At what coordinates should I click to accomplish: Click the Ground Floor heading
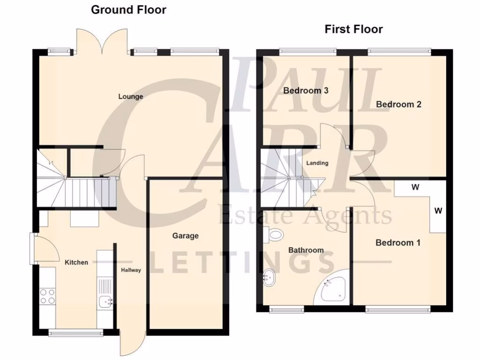(128, 9)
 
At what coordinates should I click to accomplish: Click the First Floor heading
(353, 29)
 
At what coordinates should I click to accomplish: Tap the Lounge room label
(130, 97)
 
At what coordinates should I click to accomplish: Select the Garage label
(185, 236)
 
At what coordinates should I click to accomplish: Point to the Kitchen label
(76, 262)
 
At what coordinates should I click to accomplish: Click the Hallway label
(131, 270)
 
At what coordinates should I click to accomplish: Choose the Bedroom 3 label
(305, 90)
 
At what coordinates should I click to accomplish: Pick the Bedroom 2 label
(398, 104)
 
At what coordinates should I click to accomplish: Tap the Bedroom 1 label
(398, 243)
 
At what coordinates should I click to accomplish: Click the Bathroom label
(306, 250)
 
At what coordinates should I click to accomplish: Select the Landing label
(317, 163)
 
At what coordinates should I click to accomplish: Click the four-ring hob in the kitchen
(47, 296)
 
